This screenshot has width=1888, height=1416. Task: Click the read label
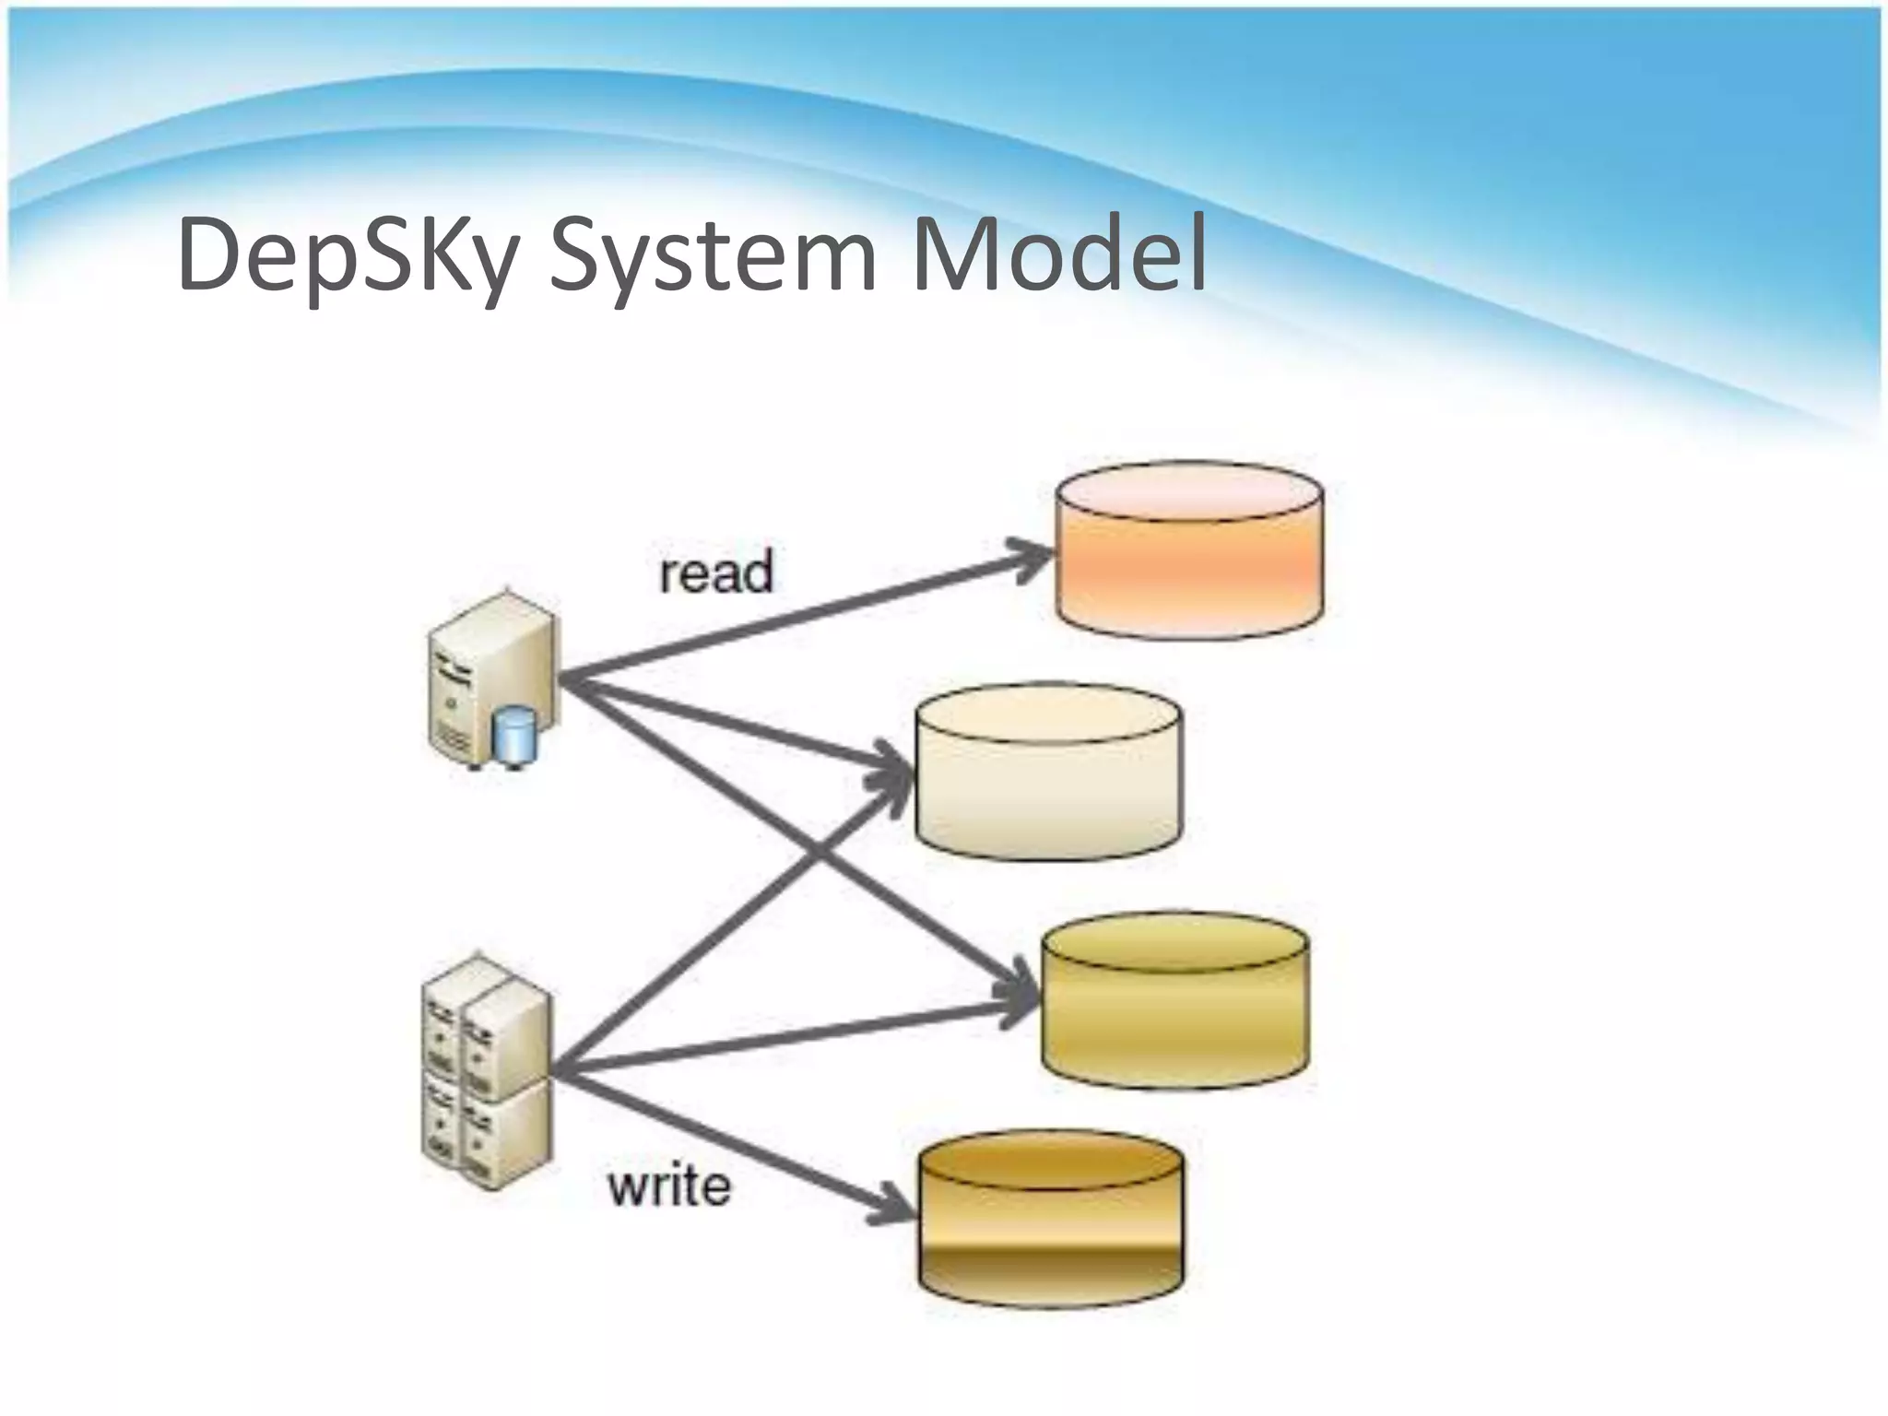pos(716,573)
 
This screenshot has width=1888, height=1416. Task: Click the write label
pos(669,1186)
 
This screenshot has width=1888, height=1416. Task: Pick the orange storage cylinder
pos(1189,553)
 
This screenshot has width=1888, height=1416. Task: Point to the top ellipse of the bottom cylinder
pos(1050,1164)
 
